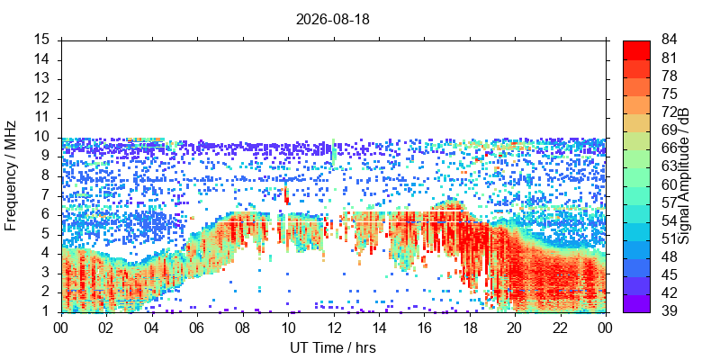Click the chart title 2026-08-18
pos(332,20)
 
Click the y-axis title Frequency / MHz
pos(11,175)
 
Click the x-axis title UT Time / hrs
pos(333,347)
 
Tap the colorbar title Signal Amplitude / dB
pos(684,175)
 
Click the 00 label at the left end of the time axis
pos(61,328)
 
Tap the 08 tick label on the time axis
pos(243,328)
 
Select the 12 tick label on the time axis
pos(334,328)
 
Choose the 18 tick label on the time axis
pos(470,328)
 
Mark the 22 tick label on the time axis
pos(561,328)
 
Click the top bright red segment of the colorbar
pos(636,50)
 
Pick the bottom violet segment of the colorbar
pos(636,303)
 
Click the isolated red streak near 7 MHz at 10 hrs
pos(286,195)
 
